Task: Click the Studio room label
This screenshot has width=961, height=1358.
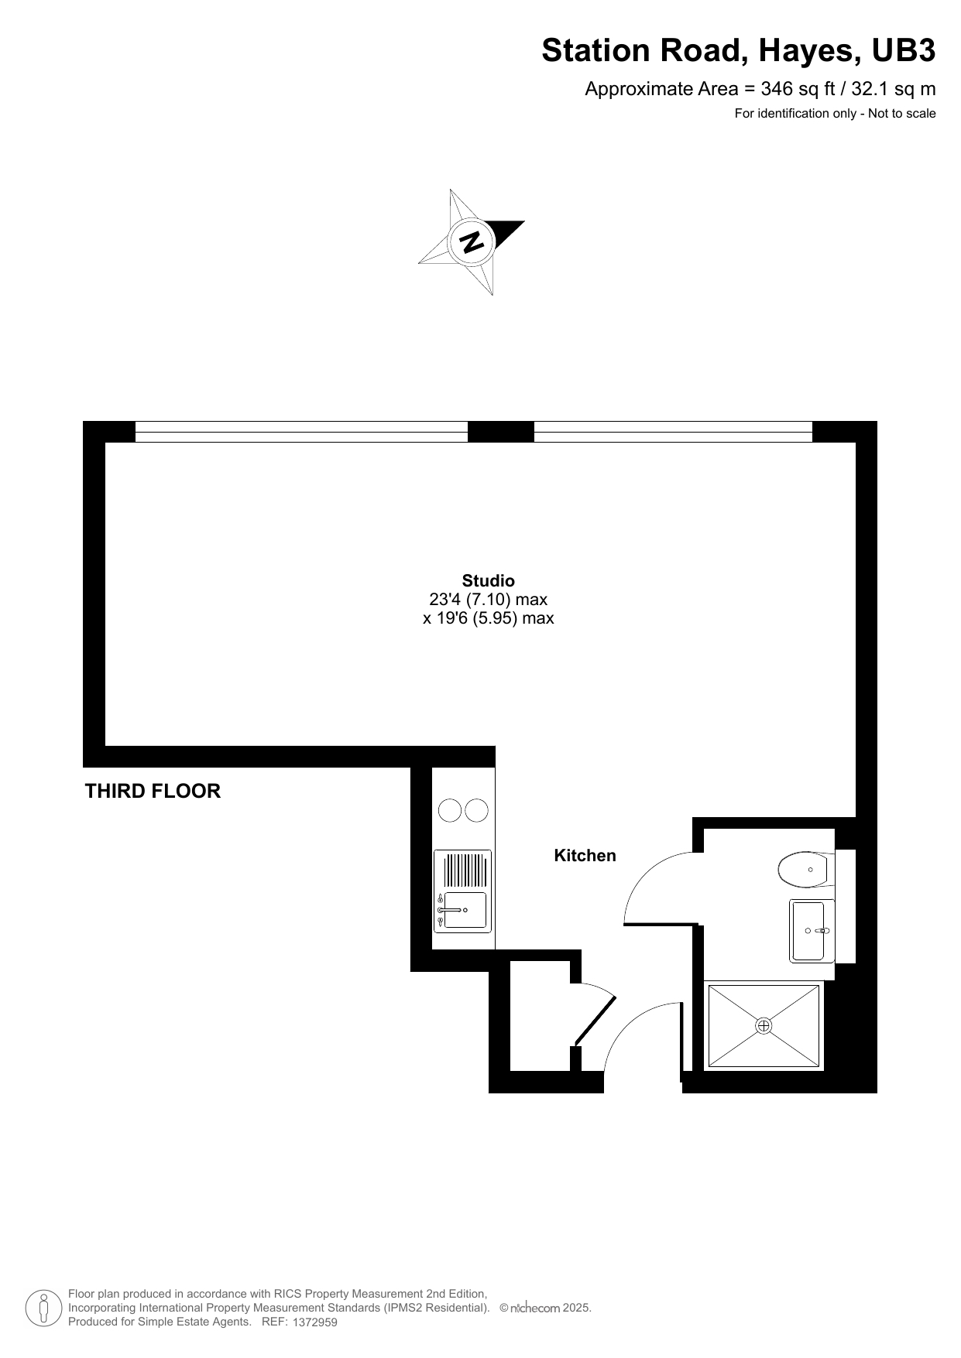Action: tap(488, 580)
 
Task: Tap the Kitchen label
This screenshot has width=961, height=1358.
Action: tap(585, 855)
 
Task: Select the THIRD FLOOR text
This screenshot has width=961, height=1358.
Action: tap(153, 791)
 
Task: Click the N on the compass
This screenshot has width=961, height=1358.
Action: tap(472, 241)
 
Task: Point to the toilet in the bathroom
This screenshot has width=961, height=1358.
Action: tap(803, 870)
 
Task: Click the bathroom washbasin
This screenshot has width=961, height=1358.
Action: tap(808, 930)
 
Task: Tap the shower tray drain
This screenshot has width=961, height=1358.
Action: tap(764, 1026)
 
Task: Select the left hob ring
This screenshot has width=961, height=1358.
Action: tap(450, 810)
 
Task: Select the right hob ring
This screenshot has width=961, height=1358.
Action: tap(477, 810)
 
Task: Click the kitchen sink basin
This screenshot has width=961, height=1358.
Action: tap(465, 910)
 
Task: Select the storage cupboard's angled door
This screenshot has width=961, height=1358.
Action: tap(595, 1021)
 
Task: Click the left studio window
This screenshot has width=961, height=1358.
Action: tap(301, 431)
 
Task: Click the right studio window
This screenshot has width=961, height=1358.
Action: tap(673, 431)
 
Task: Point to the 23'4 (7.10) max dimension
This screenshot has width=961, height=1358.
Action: tap(488, 599)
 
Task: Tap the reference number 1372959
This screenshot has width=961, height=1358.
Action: tap(315, 1322)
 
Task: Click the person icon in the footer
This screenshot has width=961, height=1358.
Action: tap(43, 1308)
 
